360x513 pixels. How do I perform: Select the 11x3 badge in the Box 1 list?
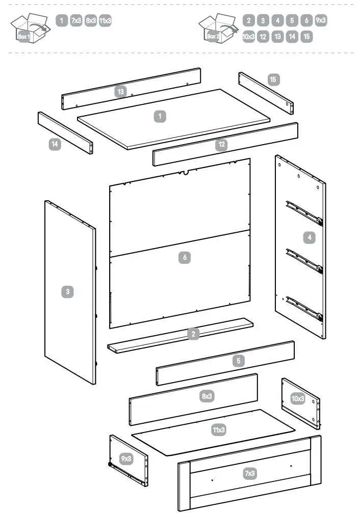point(105,21)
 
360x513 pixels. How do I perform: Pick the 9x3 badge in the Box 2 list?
point(321,21)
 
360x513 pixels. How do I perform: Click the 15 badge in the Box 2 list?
point(306,37)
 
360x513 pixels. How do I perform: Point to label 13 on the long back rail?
point(120,92)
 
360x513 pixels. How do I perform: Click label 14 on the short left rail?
point(55,144)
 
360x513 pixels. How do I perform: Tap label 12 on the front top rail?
point(221,144)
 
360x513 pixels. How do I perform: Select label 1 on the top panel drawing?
point(160,117)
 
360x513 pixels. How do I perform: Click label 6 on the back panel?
point(185,258)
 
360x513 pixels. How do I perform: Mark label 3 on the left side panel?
point(67,292)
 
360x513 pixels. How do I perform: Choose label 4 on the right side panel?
point(308,237)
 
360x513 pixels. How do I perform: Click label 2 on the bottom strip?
point(193,334)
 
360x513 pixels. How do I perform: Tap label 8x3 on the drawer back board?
point(207,396)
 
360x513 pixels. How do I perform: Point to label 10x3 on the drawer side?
point(298,398)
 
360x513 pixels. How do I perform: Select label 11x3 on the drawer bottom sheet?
point(219,430)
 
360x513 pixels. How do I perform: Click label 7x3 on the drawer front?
point(249,474)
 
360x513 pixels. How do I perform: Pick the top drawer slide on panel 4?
point(304,213)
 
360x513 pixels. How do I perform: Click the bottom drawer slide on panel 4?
point(304,309)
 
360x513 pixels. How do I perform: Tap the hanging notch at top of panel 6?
point(186,172)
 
